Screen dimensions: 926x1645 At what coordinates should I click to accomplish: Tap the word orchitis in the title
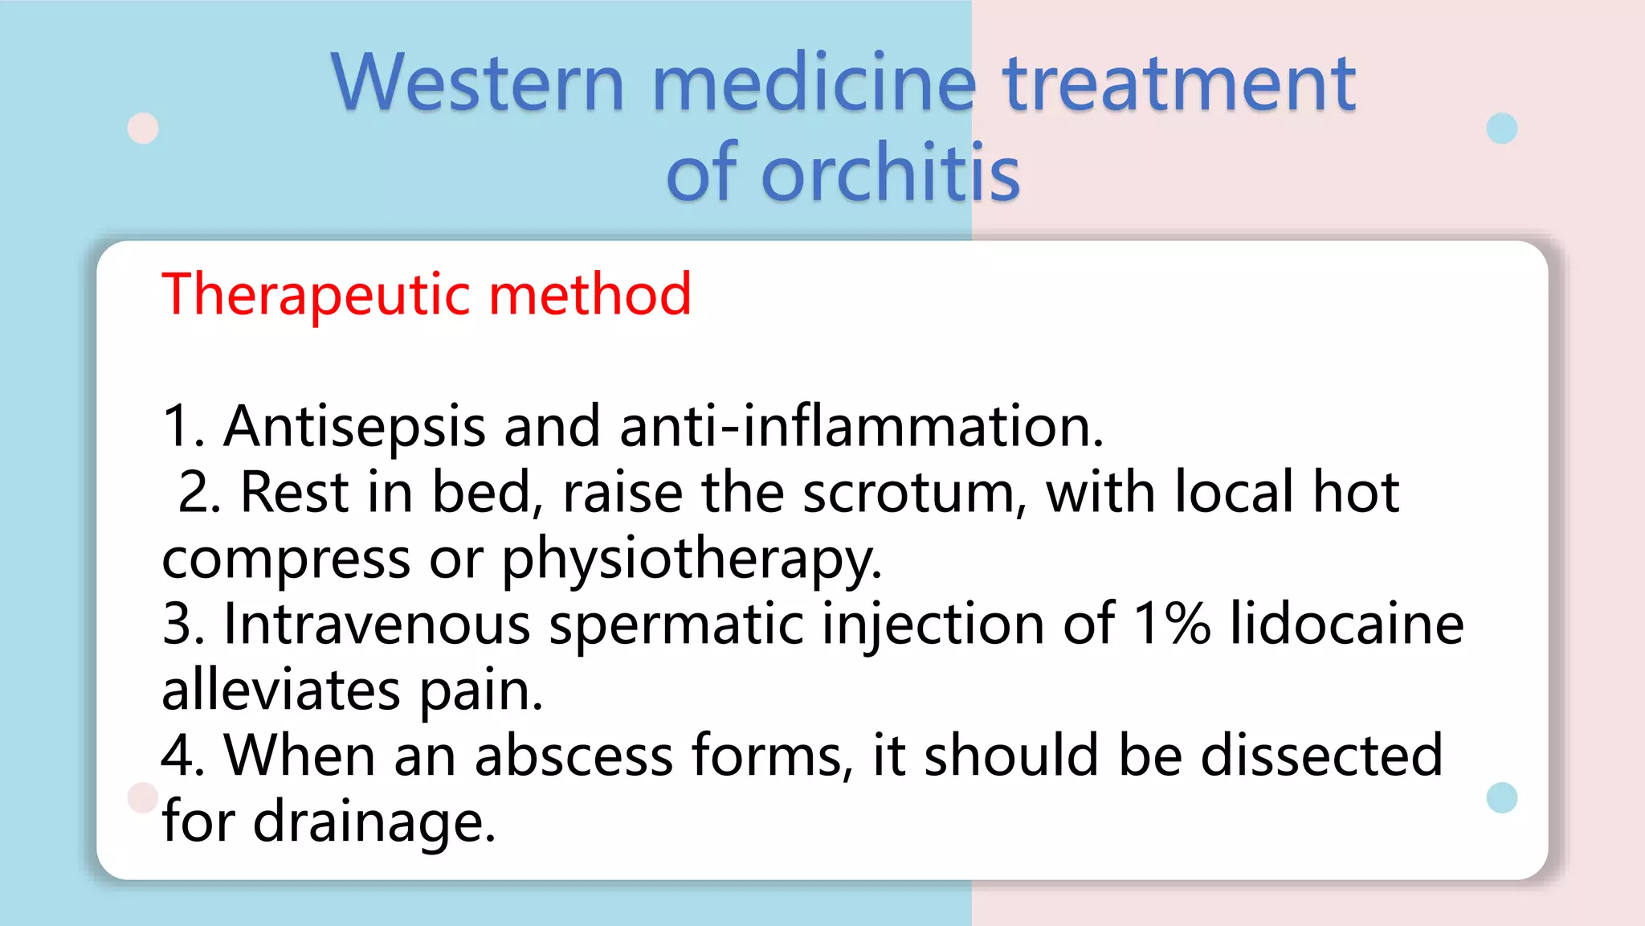click(x=890, y=173)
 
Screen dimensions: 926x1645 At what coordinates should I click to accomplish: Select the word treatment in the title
click(x=1179, y=83)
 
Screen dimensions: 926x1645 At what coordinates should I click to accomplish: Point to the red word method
click(x=590, y=295)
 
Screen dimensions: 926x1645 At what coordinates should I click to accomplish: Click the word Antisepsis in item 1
click(x=354, y=426)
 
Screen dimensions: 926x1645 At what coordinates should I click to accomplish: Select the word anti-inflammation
click(x=861, y=426)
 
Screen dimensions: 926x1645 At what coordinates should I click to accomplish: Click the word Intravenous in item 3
click(x=377, y=624)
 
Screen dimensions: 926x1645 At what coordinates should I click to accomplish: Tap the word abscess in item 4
click(x=574, y=756)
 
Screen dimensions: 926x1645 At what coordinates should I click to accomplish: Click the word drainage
click(x=374, y=823)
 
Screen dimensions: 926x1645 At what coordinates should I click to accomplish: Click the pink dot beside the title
click(x=143, y=129)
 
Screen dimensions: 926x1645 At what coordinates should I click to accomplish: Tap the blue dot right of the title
click(x=1501, y=129)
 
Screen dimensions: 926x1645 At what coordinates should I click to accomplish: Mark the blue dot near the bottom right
click(x=1501, y=797)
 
